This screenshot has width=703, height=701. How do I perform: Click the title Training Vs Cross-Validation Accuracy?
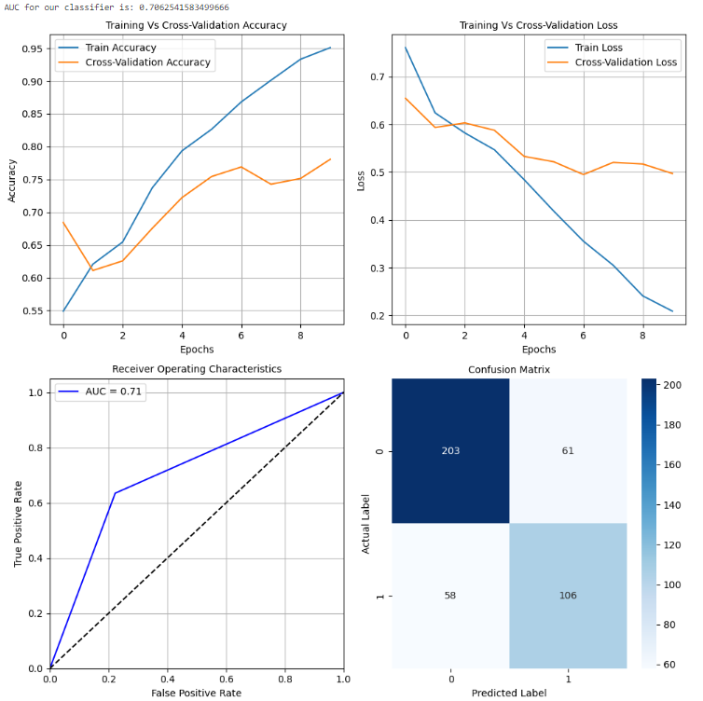click(195, 25)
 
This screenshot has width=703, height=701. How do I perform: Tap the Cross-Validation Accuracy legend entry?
click(148, 62)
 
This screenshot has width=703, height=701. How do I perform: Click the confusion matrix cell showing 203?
click(450, 451)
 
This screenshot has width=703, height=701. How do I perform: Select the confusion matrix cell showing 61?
click(568, 451)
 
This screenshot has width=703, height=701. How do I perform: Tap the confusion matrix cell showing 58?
click(450, 596)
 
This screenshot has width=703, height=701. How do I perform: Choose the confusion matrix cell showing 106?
click(568, 596)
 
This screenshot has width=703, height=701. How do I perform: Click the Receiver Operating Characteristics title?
click(196, 369)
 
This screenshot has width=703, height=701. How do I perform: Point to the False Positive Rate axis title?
click(196, 692)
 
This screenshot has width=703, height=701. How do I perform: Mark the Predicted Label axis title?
click(509, 693)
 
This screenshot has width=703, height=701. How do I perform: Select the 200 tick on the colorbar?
click(678, 385)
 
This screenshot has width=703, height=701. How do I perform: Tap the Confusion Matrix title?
click(508, 369)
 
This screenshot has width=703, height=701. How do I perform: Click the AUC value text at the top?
click(116, 7)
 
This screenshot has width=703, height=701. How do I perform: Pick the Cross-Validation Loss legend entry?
click(627, 62)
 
